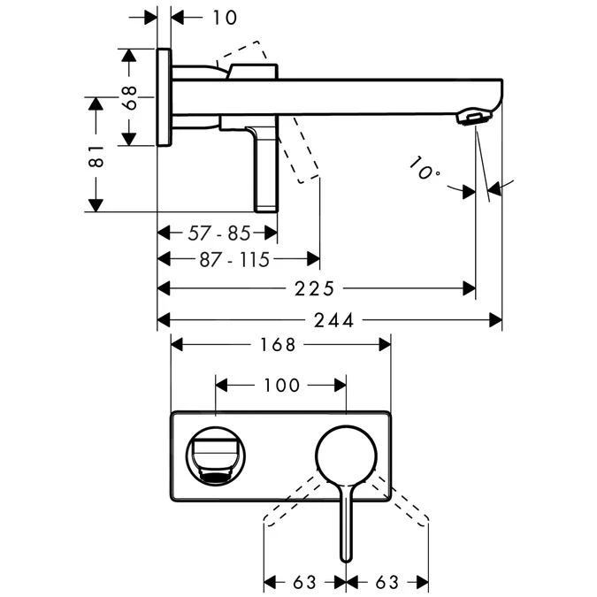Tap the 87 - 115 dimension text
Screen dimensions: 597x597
click(x=234, y=258)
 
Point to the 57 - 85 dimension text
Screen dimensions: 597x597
click(x=219, y=233)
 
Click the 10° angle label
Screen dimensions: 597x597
click(x=425, y=167)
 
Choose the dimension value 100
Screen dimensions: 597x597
click(x=281, y=385)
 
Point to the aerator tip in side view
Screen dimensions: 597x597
click(x=474, y=119)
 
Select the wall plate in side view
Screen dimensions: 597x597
click(x=165, y=96)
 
